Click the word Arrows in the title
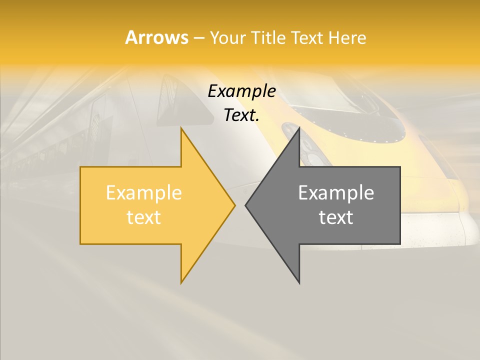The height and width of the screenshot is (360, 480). click(x=156, y=37)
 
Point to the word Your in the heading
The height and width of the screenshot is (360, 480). click(x=227, y=38)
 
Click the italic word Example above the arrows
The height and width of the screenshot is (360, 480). click(x=241, y=91)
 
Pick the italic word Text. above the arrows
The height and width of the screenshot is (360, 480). click(x=241, y=115)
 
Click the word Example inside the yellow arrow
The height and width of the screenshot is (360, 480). click(x=144, y=192)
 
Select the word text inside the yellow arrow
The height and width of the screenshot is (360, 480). click(x=144, y=217)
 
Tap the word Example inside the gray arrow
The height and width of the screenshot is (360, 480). click(x=336, y=192)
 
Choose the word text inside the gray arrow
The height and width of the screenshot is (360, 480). click(x=336, y=217)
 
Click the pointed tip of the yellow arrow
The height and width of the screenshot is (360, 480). click(x=235, y=205)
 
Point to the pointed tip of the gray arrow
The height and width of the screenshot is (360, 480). click(x=245, y=205)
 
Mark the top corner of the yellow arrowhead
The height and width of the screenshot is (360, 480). click(x=181, y=128)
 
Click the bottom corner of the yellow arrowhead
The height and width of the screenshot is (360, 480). click(x=181, y=282)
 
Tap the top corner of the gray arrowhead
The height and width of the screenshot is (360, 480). click(x=299, y=128)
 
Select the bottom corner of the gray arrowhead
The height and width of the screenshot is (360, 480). click(x=299, y=283)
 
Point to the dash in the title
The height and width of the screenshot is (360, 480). click(x=198, y=38)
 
